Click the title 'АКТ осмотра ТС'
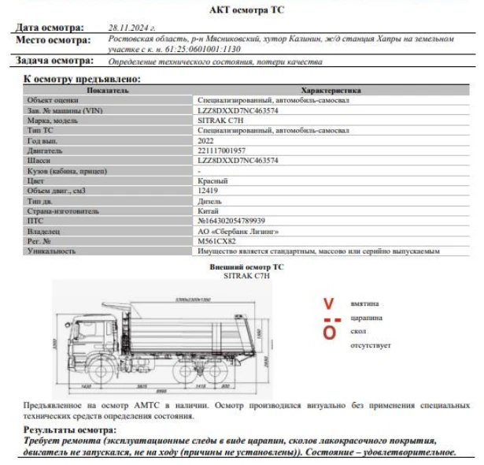pos(242,10)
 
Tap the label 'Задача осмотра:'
pos(54,61)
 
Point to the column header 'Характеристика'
pos(331,91)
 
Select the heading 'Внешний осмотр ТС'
pos(246,267)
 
